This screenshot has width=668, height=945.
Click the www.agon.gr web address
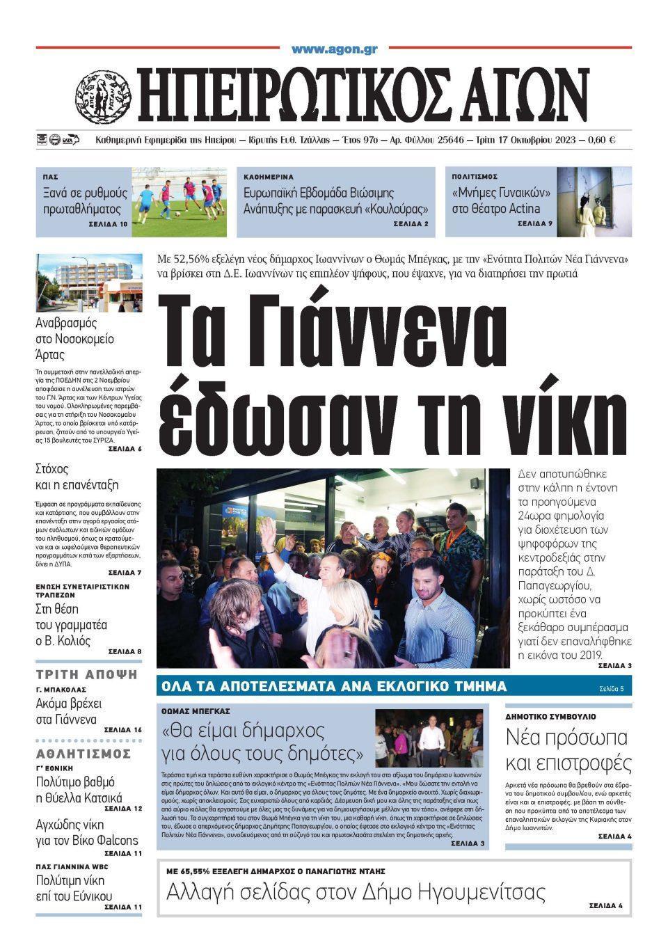click(334, 49)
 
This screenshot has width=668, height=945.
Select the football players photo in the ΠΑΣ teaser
click(180, 202)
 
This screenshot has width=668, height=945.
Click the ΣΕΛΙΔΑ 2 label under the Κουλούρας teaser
click(410, 224)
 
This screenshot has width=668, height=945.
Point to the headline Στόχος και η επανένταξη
click(77, 477)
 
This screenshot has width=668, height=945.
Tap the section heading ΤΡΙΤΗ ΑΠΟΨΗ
click(86, 674)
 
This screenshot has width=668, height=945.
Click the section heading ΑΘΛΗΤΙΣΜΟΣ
click(83, 754)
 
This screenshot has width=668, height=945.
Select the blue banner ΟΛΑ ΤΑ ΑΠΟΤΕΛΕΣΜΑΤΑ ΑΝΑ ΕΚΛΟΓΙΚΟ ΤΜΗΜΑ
click(334, 686)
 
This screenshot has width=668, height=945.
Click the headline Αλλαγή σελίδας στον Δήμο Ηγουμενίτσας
click(356, 891)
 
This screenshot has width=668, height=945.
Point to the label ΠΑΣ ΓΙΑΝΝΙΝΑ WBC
click(72, 866)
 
